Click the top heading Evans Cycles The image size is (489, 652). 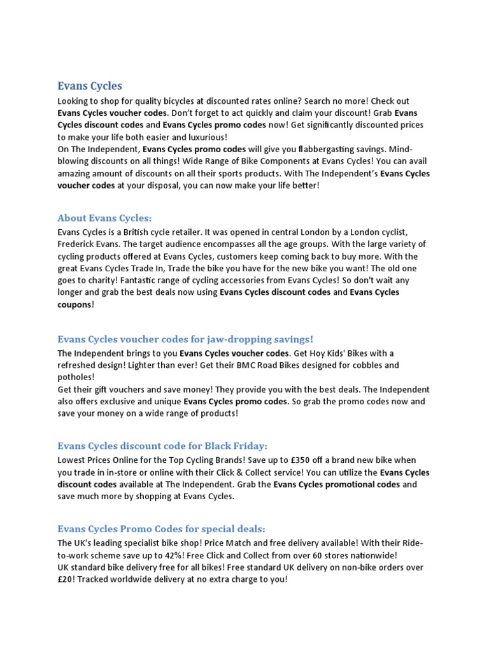[90, 85]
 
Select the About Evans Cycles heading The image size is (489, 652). [105, 218]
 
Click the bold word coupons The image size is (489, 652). [74, 305]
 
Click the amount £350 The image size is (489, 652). [319, 460]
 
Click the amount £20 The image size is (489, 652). [67, 579]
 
